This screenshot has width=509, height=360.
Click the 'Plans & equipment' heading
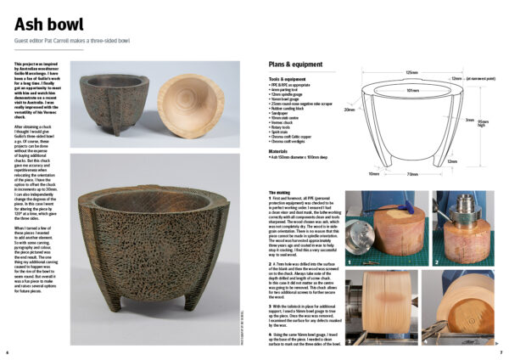[295, 65]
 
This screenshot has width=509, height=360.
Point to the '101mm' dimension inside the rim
[411, 90]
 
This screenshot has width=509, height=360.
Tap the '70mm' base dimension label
[411, 174]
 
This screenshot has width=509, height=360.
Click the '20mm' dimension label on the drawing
[349, 110]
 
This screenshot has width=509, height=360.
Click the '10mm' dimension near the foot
[373, 174]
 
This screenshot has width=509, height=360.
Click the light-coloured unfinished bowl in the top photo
[182, 95]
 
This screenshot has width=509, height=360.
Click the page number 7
[501, 352]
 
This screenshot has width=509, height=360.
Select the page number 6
[8, 352]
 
